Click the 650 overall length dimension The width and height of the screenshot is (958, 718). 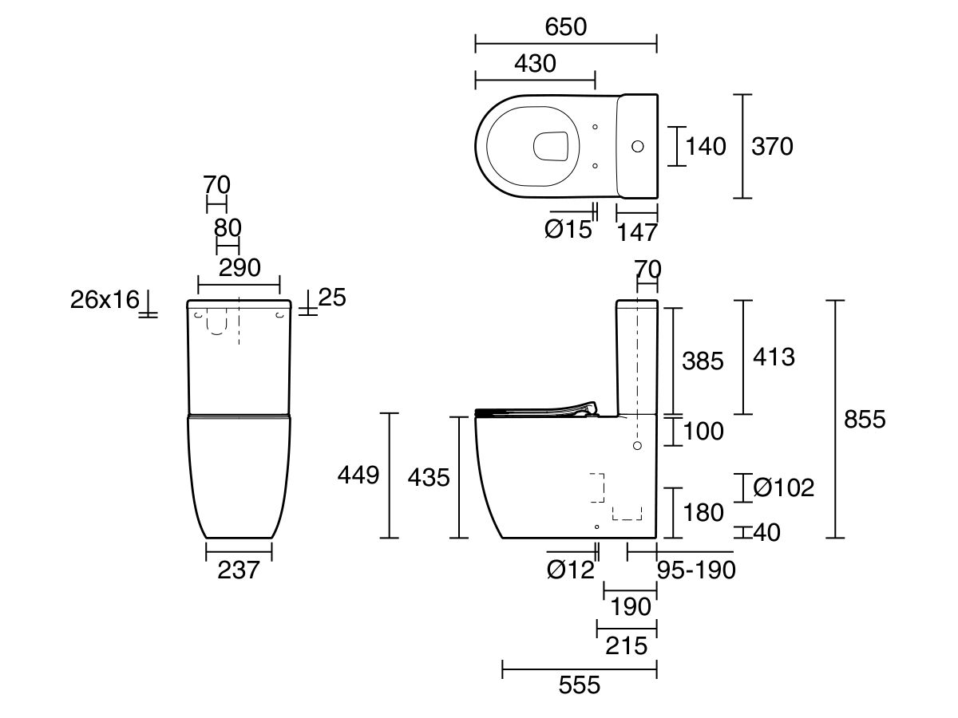point(566,27)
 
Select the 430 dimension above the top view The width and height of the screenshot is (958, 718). point(535,64)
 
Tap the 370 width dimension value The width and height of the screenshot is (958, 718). point(772,146)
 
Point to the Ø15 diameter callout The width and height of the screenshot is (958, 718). point(568,230)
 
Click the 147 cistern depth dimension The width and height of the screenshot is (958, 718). point(637,232)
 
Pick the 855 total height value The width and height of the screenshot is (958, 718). point(865,419)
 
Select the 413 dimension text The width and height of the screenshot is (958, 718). point(774,357)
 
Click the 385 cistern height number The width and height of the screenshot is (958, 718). point(703,361)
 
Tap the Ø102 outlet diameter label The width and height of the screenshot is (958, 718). point(783,487)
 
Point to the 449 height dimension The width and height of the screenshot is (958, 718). point(358,475)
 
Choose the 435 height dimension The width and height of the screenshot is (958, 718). point(429,478)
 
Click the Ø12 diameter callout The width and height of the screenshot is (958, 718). point(571,570)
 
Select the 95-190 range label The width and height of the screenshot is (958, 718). point(695,570)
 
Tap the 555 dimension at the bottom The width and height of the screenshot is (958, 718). point(579,684)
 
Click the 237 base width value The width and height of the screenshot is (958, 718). point(239,570)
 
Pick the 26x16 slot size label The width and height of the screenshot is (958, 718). point(105,301)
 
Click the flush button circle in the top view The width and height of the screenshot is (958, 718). point(637,146)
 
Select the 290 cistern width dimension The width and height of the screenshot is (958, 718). point(239,268)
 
